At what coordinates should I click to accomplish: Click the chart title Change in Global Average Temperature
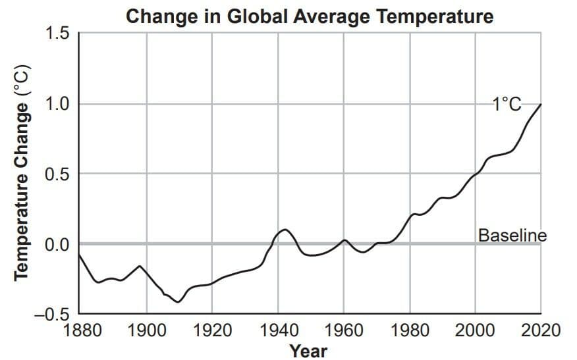tap(310, 16)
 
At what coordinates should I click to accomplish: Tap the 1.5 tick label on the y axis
tap(57, 34)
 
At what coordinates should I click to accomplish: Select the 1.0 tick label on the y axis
tap(57, 104)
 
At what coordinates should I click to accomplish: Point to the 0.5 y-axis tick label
tap(57, 174)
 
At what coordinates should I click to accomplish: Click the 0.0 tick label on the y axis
tap(57, 244)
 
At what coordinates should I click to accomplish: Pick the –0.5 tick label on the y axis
tap(51, 315)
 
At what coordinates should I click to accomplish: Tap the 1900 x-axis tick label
tap(146, 330)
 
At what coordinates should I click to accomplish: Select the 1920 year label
tap(212, 330)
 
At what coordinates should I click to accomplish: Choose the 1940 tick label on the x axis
tap(279, 330)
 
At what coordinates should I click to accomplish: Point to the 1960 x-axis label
tap(344, 330)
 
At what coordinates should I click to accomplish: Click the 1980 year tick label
tap(410, 330)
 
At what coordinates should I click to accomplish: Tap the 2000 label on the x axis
tap(475, 330)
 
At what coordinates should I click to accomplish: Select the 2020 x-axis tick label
tap(541, 330)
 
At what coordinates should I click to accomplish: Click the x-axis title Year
tap(308, 351)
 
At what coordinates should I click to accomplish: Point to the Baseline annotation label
tap(512, 236)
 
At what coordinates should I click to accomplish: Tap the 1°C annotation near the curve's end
tap(507, 105)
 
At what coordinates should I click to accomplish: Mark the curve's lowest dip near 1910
tap(178, 302)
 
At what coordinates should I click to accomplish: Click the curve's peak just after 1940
tap(285, 230)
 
